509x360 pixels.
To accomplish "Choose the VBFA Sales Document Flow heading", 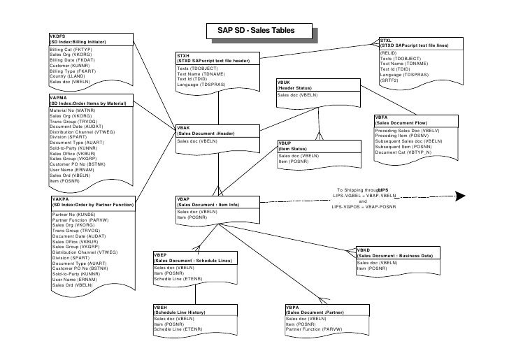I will [406, 121].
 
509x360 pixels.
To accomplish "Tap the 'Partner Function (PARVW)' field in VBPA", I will [313, 329].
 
